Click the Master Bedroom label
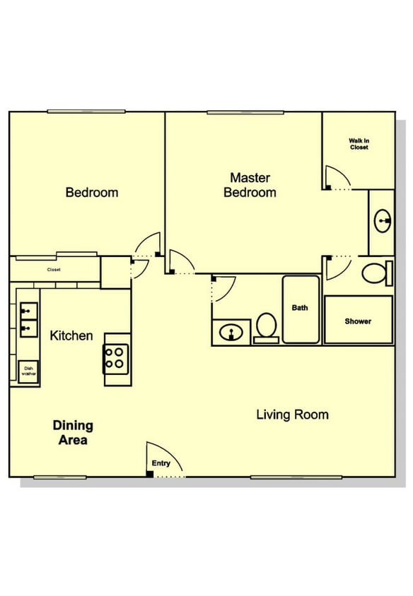[250, 185]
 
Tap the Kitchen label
[71, 335]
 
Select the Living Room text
[292, 415]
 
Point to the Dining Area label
[73, 433]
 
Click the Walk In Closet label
[359, 144]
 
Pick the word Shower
[358, 321]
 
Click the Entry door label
[161, 463]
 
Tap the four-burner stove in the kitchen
[116, 359]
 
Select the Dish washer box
[28, 371]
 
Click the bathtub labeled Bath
[301, 309]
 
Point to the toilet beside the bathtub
[266, 328]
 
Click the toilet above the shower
[377, 273]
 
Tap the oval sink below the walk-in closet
[383, 221]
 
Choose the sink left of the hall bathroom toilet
[231, 333]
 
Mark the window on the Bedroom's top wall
[86, 112]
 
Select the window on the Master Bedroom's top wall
[245, 112]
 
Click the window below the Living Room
[296, 477]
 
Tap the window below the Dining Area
[60, 477]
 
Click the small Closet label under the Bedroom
[54, 270]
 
